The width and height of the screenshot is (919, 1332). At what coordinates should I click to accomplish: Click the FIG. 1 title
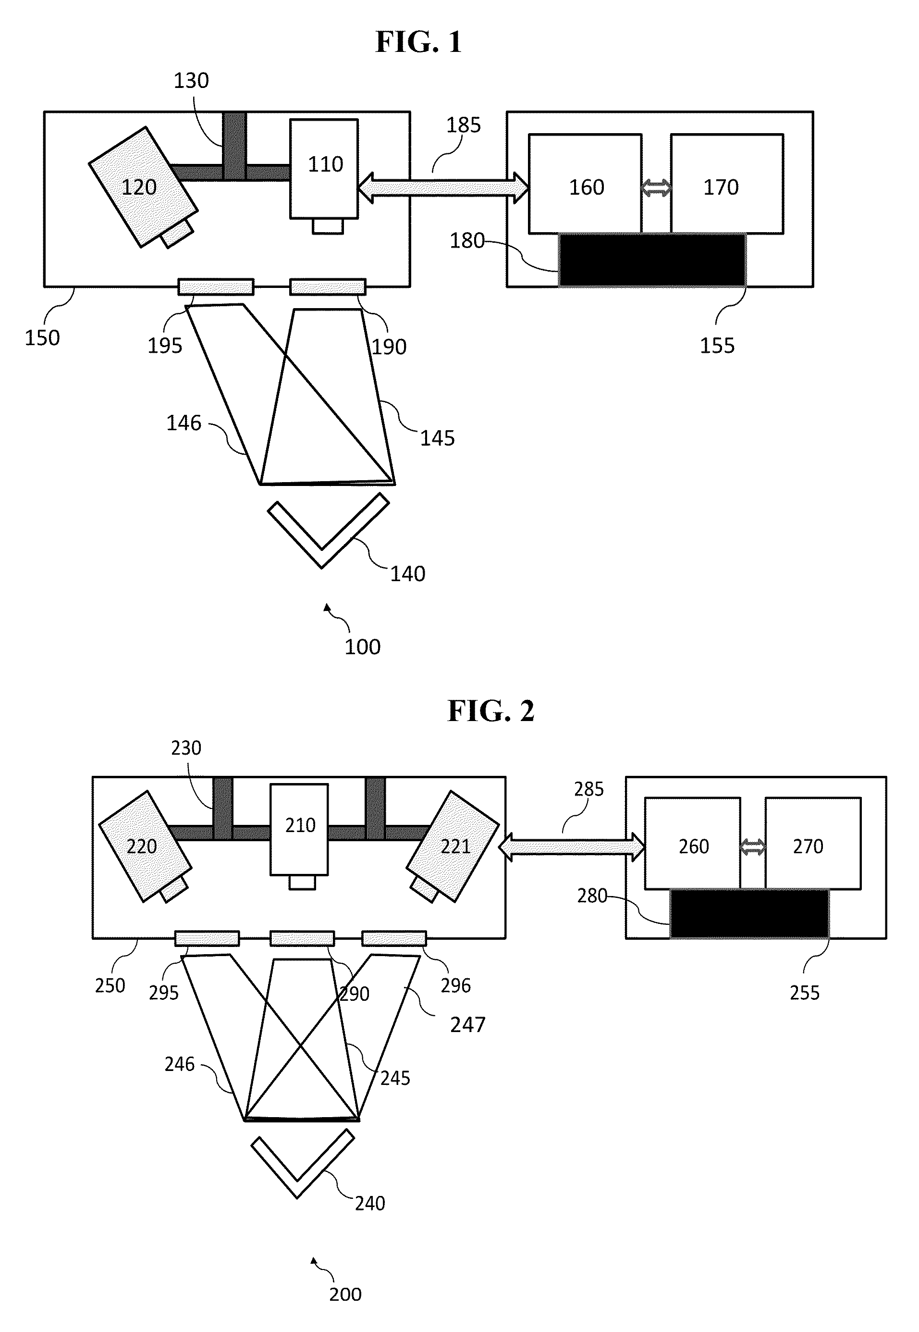[418, 42]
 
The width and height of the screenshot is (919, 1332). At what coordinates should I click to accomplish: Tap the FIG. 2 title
[491, 711]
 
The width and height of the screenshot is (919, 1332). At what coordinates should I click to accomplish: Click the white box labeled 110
[324, 169]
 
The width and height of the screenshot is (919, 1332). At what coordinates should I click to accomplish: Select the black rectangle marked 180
[652, 260]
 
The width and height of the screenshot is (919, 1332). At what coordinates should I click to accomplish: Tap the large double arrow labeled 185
[443, 188]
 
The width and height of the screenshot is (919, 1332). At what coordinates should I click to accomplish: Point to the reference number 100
[362, 647]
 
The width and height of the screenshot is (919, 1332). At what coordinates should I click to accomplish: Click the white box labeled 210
[299, 829]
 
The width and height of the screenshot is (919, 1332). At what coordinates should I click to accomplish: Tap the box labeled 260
[693, 844]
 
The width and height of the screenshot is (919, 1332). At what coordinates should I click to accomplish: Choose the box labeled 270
[813, 844]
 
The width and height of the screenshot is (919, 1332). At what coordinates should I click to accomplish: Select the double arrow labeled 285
[572, 847]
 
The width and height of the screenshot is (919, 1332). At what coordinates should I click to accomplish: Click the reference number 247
[467, 1025]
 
